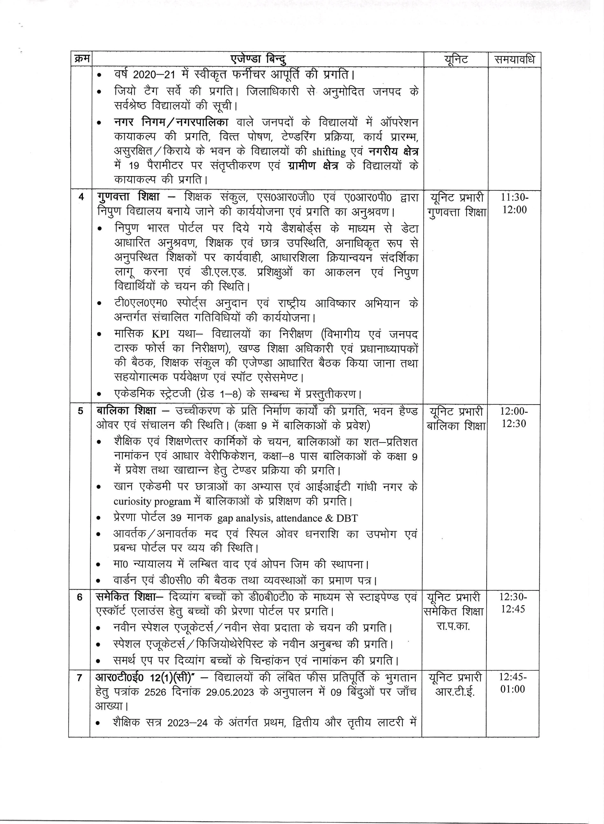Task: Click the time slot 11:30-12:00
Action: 514,204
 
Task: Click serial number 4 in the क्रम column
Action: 81,197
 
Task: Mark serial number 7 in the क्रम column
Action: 80,678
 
